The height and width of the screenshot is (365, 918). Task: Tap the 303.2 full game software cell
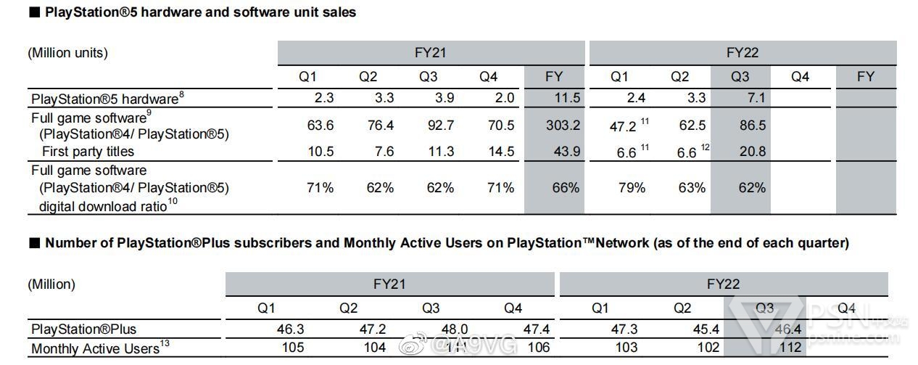563,126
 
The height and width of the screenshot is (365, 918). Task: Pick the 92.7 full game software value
440,126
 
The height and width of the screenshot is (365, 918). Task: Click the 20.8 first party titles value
751,152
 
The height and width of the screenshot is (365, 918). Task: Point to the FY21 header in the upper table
431,52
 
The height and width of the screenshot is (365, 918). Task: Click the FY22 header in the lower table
723,284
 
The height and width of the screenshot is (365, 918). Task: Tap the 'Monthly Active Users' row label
95,348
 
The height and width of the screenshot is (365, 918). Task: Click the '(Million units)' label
67,52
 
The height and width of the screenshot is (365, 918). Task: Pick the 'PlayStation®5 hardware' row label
104,99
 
